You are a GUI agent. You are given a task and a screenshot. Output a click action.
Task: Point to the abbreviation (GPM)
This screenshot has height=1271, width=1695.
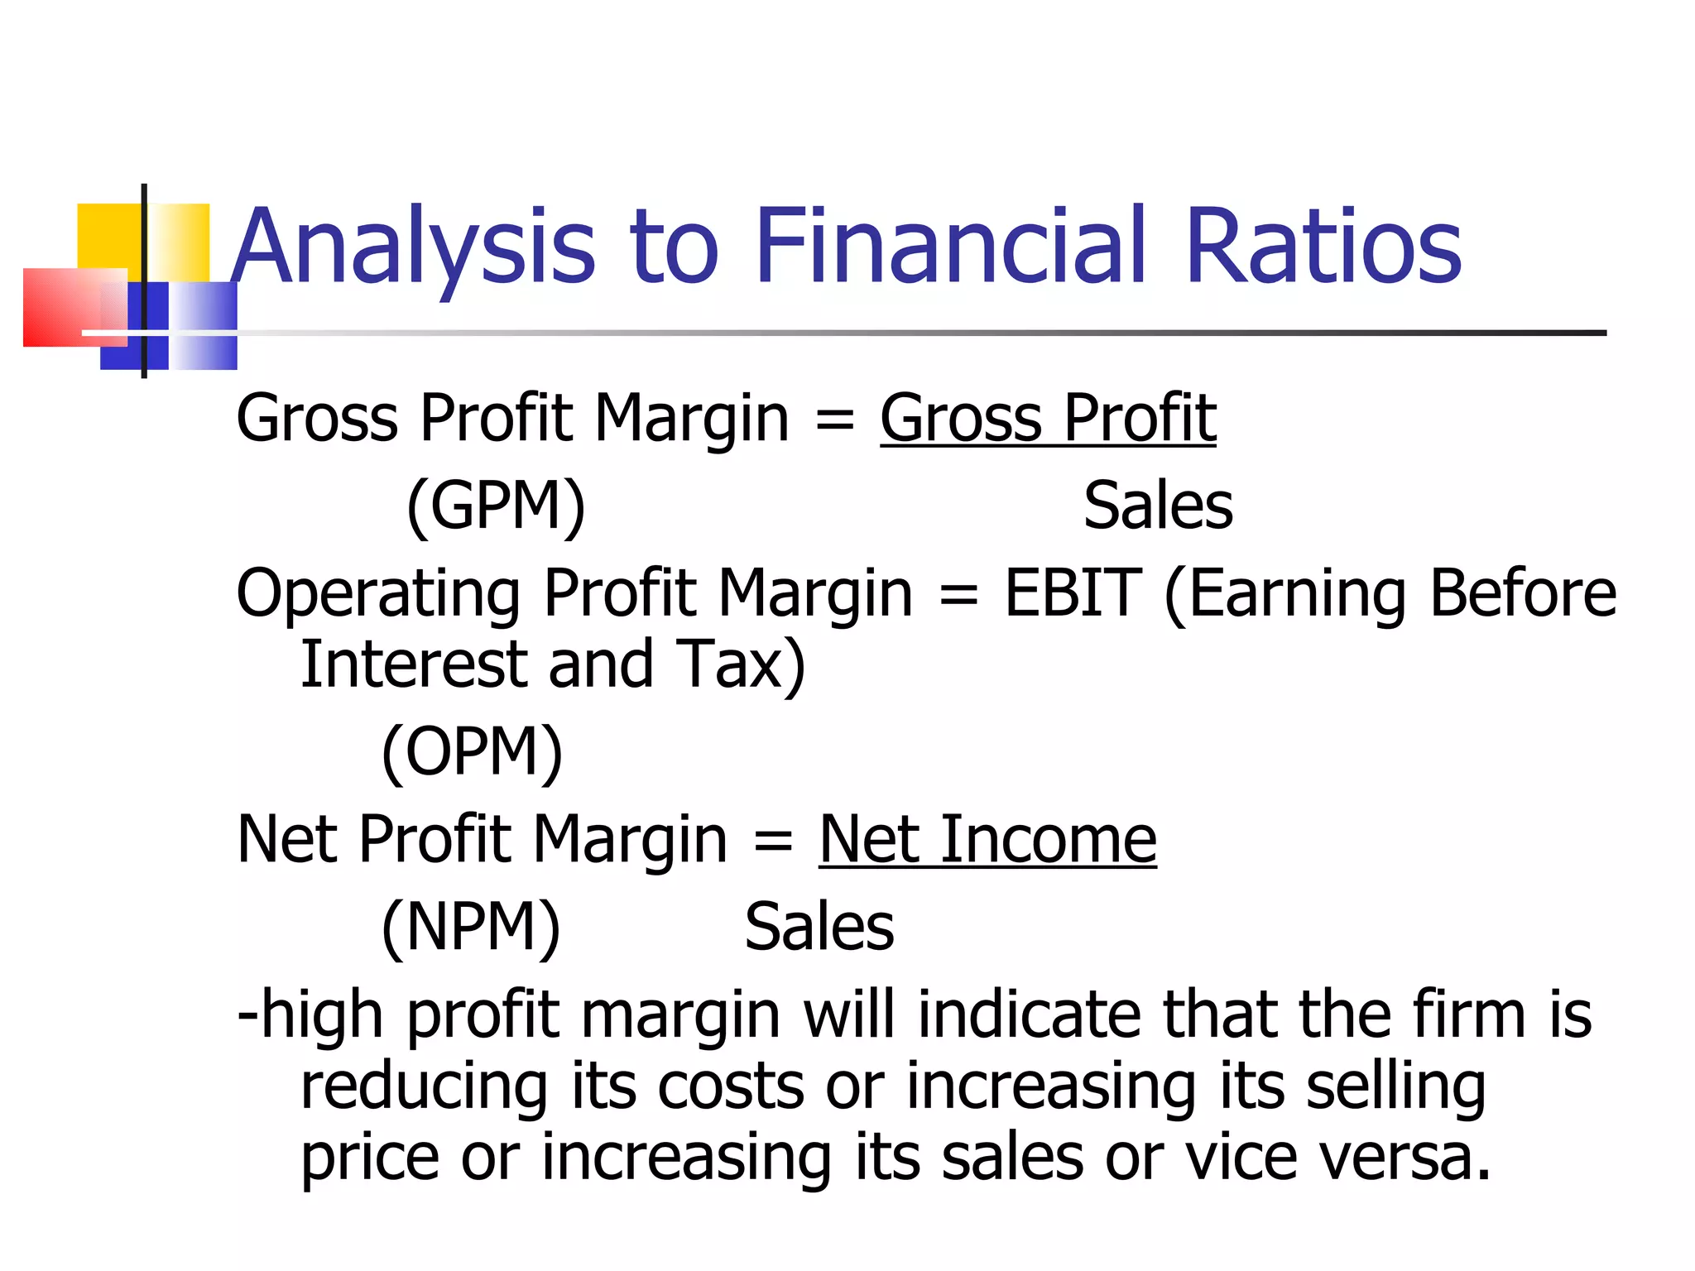(496, 506)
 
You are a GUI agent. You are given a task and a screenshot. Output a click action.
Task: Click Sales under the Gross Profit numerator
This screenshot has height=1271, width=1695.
(1158, 506)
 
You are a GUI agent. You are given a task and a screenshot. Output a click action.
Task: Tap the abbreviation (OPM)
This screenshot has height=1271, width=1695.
(472, 751)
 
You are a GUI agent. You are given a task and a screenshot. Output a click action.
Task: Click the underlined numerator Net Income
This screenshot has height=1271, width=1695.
(987, 840)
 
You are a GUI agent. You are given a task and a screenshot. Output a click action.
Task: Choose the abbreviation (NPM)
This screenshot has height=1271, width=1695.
(471, 927)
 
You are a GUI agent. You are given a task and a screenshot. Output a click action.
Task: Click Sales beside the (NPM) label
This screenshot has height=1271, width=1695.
(819, 927)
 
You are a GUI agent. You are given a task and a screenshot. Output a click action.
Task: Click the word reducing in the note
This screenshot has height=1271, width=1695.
(424, 1087)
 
